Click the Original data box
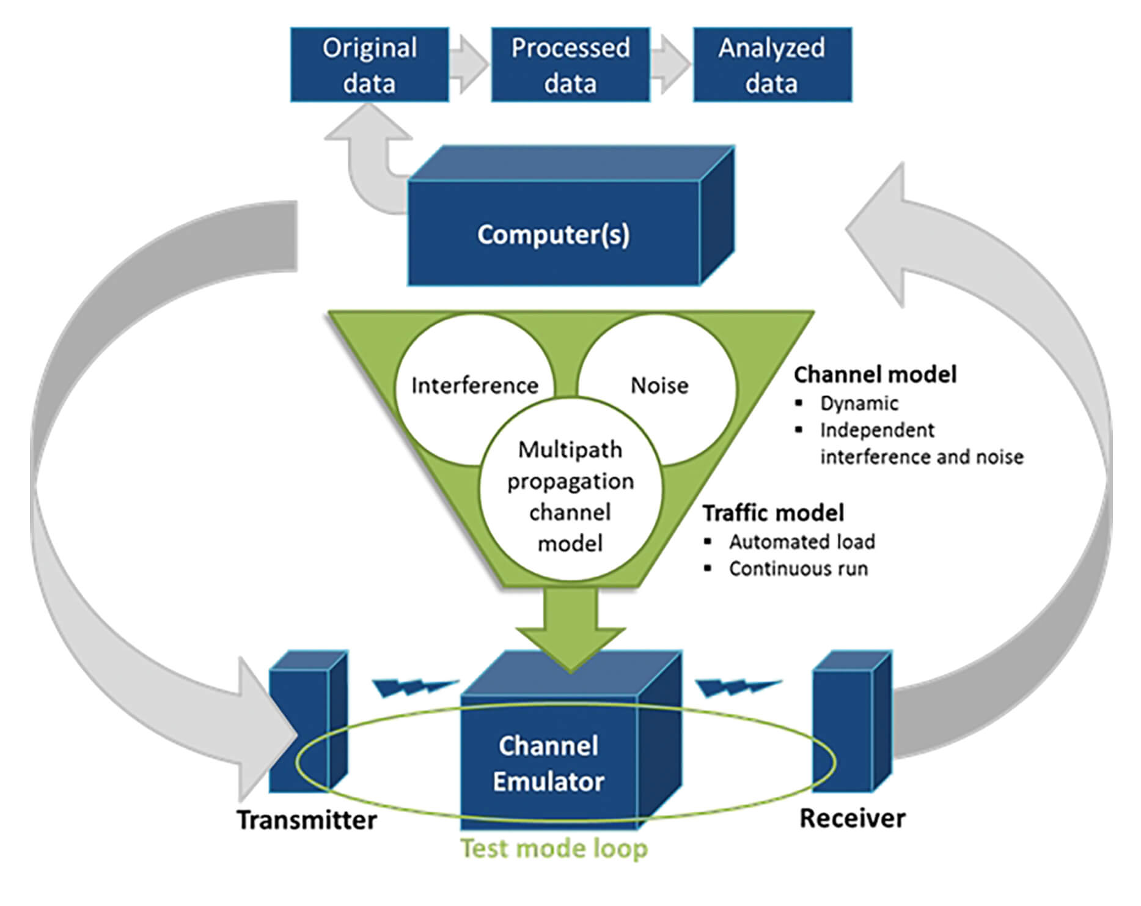click(x=369, y=65)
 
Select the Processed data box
click(x=570, y=65)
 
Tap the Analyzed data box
click(x=772, y=65)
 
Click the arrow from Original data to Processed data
click(x=469, y=64)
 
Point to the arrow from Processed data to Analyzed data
click(x=671, y=64)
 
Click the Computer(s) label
click(x=553, y=234)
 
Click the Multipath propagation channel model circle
click(x=570, y=496)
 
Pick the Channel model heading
click(x=875, y=375)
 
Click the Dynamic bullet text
click(x=859, y=403)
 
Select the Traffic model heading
click(x=773, y=513)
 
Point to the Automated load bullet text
click(x=801, y=542)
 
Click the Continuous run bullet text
click(x=798, y=569)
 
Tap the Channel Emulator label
click(x=548, y=764)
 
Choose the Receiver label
click(x=852, y=819)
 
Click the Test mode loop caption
click(x=554, y=849)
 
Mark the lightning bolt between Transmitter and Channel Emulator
click(x=415, y=687)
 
